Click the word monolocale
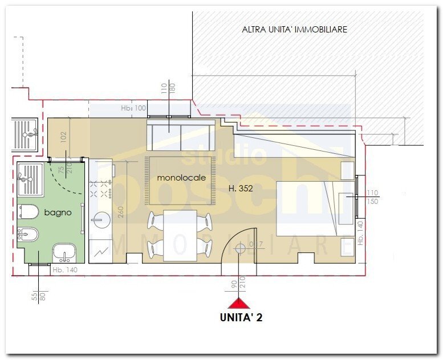181,178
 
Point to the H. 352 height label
239,187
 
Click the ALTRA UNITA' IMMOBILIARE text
294,29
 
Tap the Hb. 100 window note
134,108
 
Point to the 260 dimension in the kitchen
121,211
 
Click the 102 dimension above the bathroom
64,137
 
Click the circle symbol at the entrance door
240,248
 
